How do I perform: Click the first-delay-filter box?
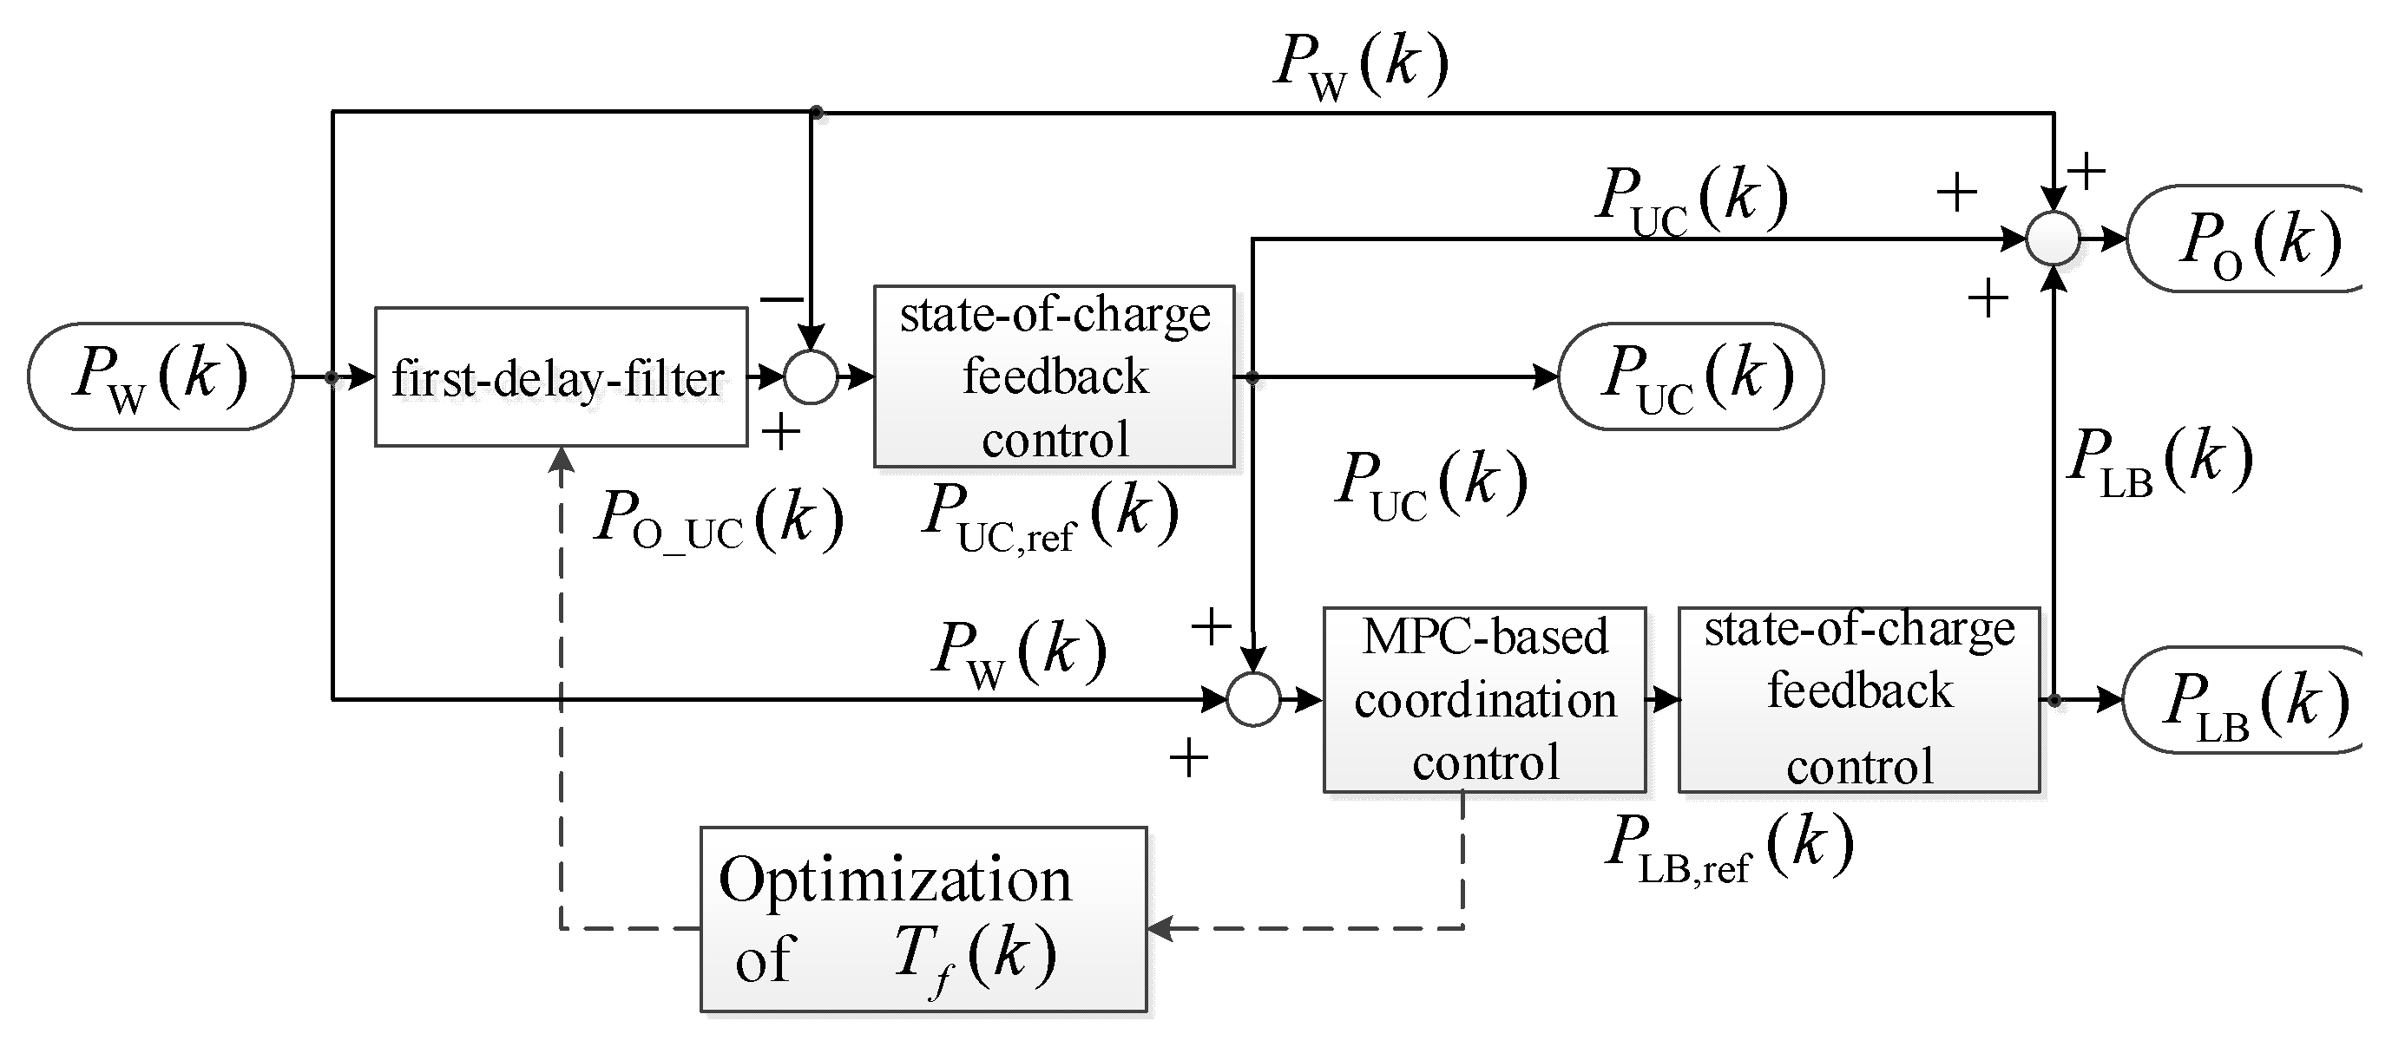(561, 376)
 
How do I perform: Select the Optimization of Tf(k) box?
(923, 919)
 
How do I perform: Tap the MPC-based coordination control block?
(1484, 700)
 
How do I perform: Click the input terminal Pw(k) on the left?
(161, 376)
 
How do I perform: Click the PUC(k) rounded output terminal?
(1691, 376)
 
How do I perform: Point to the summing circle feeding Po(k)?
(2052, 239)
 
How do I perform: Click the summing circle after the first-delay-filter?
(811, 376)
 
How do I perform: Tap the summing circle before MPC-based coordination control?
(1253, 699)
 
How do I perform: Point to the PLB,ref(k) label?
(1729, 848)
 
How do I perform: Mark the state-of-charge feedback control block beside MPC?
(1859, 700)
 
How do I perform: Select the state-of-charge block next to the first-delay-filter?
(1054, 376)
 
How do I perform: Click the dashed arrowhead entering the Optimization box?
(1160, 927)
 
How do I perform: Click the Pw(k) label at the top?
(1361, 67)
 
